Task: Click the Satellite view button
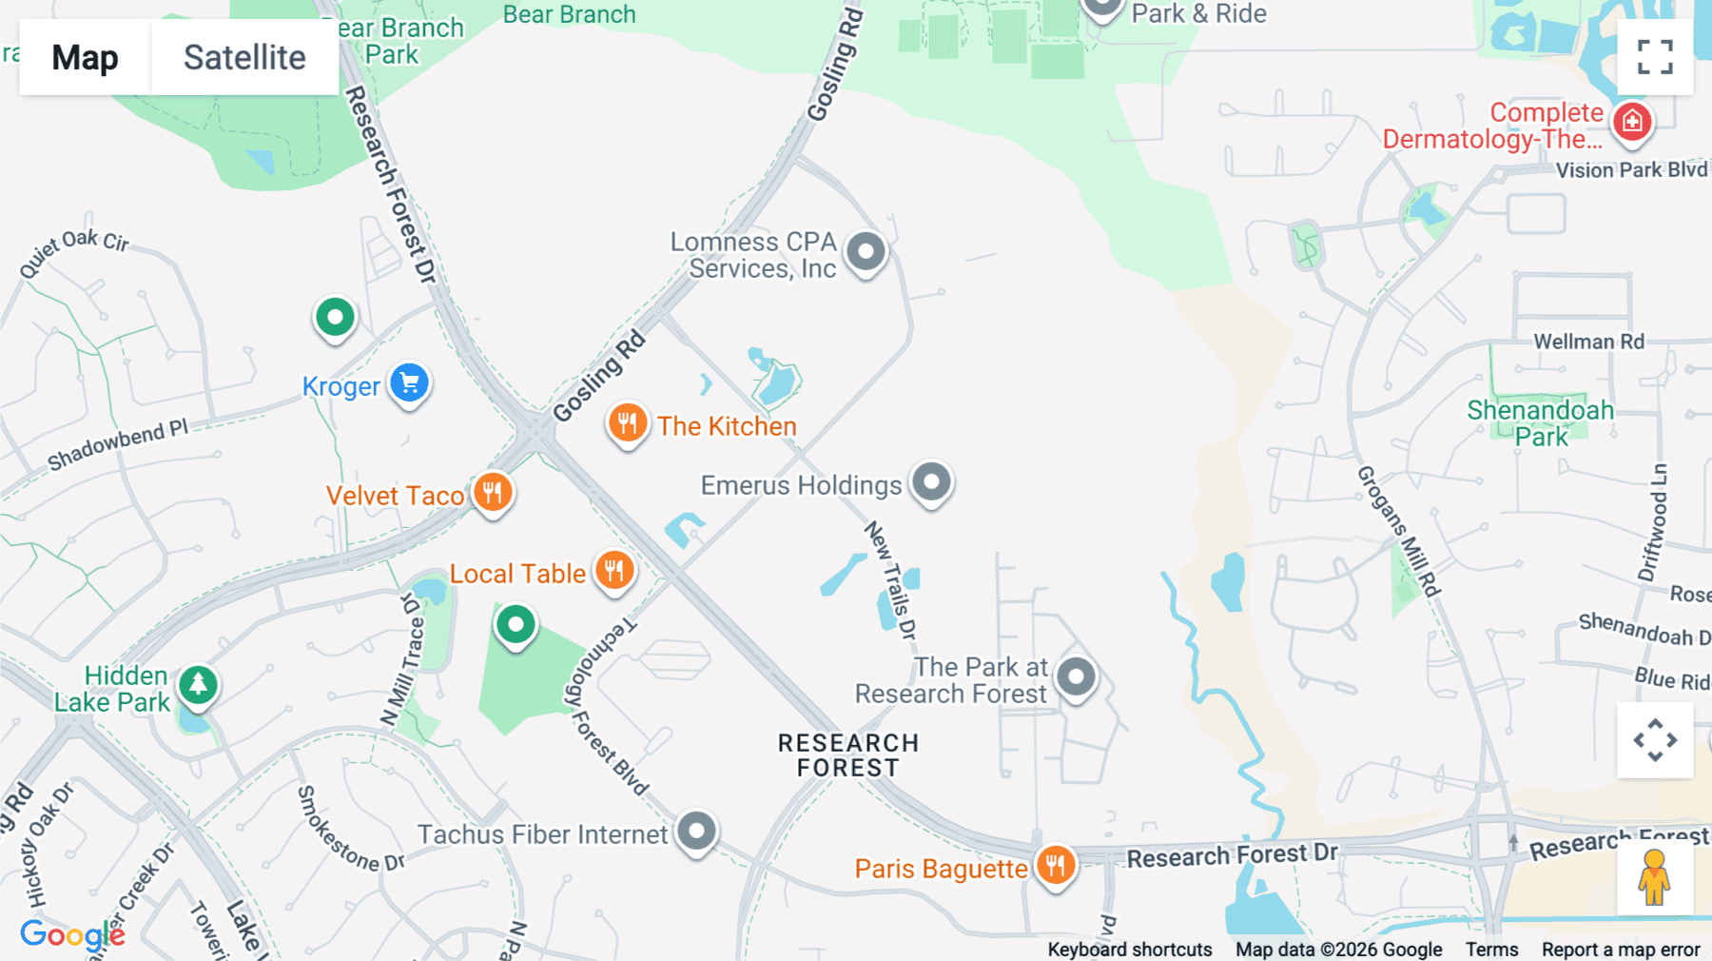point(244,57)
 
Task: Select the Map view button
point(85,57)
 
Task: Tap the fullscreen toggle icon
point(1655,57)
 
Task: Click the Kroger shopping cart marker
point(410,383)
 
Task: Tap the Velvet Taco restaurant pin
point(493,493)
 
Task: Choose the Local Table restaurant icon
point(614,571)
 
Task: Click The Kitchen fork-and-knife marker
point(628,423)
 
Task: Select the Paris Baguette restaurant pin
point(1055,866)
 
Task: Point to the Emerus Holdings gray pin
point(931,482)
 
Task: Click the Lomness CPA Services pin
point(866,252)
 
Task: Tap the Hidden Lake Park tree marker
point(198,684)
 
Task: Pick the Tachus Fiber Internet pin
point(696,832)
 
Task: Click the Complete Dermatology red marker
point(1632,122)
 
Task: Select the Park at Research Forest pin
point(1076,677)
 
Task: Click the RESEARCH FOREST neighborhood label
point(848,755)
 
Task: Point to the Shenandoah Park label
point(1540,423)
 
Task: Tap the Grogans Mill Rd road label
point(1398,530)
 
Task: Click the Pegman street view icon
point(1654,877)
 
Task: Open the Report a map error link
point(1621,950)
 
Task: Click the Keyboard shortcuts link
point(1129,950)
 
